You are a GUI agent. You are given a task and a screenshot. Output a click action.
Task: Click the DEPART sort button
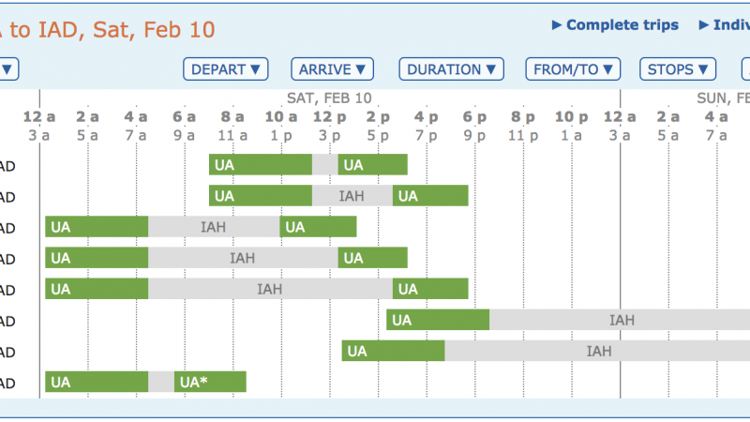pyautogui.click(x=226, y=69)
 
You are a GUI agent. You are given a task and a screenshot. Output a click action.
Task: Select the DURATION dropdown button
pyautogui.click(x=451, y=69)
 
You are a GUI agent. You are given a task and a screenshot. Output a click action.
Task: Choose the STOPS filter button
pyautogui.click(x=678, y=69)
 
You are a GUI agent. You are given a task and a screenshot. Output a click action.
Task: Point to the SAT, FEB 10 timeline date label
pyautogui.click(x=329, y=98)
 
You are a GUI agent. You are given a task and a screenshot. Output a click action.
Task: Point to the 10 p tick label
pyautogui.click(x=571, y=117)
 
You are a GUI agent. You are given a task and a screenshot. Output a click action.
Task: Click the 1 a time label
pyautogui.click(x=571, y=135)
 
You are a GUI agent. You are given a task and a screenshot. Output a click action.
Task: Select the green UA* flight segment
pyautogui.click(x=210, y=382)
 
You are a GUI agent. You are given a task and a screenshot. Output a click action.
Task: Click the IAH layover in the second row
pyautogui.click(x=352, y=196)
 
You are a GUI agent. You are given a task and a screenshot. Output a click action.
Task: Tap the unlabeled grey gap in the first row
pyautogui.click(x=324, y=165)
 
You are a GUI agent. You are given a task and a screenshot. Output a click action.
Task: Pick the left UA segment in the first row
pyautogui.click(x=261, y=165)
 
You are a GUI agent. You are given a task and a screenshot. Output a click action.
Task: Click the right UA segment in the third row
pyautogui.click(x=319, y=227)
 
